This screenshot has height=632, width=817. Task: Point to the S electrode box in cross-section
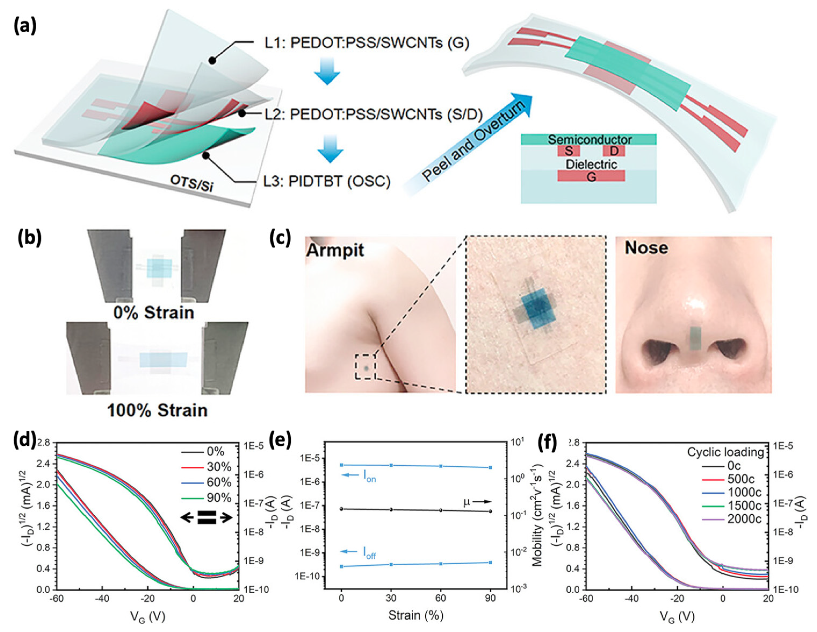tap(569, 151)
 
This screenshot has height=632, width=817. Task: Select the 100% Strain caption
tap(157, 411)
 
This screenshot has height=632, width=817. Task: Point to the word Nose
tap(646, 248)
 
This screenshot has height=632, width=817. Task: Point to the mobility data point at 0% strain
tap(341, 509)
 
